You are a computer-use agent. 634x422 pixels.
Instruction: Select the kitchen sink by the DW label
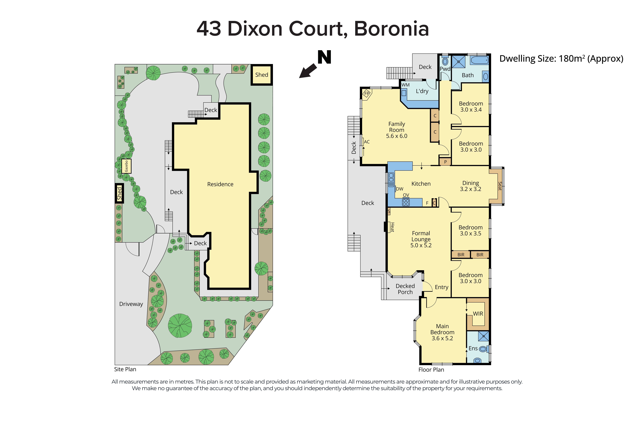(x=391, y=180)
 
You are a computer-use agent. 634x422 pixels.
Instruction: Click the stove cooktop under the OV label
(x=406, y=202)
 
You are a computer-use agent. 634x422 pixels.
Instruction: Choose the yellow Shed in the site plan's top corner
(x=262, y=75)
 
